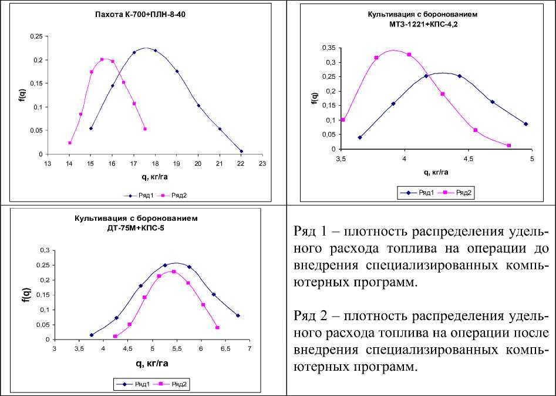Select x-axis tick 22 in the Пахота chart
(x=241, y=163)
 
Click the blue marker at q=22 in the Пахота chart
(x=241, y=151)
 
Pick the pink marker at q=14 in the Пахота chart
(x=70, y=143)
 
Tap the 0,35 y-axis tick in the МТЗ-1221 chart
(x=329, y=48)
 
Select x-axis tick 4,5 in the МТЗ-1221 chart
(x=468, y=159)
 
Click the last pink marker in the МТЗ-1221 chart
(x=508, y=146)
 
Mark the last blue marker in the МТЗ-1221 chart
(x=525, y=124)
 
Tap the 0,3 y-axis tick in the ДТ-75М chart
(x=43, y=250)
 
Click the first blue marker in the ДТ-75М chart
(x=92, y=335)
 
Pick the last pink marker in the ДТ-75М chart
(x=217, y=328)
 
